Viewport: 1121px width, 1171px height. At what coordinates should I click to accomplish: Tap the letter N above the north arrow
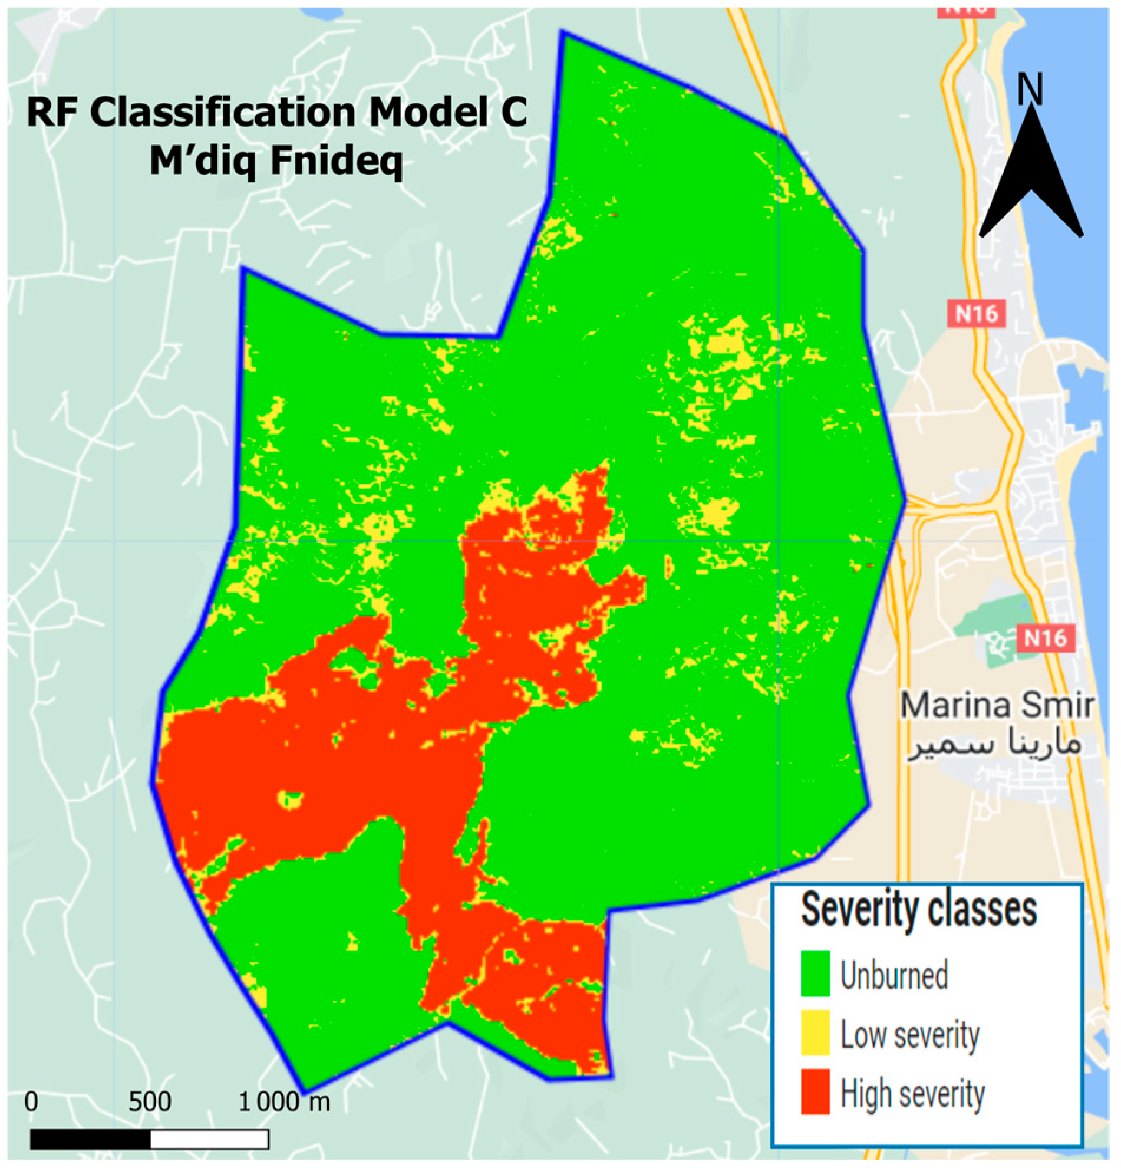(1029, 90)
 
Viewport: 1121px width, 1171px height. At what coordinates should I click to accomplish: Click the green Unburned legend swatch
(815, 973)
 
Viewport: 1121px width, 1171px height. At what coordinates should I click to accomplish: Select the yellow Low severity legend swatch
(815, 1032)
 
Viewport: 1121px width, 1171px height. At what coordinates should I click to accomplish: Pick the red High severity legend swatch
(815, 1091)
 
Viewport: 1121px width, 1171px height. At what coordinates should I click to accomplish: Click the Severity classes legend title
(918, 910)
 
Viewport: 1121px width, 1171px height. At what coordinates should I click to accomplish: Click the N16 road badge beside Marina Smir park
(1045, 638)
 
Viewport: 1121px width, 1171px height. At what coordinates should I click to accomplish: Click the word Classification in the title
(222, 112)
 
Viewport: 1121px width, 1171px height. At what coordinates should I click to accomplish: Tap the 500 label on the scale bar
(149, 1101)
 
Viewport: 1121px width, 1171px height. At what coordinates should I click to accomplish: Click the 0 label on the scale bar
(31, 1101)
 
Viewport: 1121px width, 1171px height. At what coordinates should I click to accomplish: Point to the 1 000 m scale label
(283, 1101)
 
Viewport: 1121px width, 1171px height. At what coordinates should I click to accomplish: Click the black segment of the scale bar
(90, 1139)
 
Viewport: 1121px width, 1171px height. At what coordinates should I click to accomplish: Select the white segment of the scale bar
(209, 1139)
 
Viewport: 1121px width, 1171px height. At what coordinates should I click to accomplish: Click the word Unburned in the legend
(894, 975)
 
